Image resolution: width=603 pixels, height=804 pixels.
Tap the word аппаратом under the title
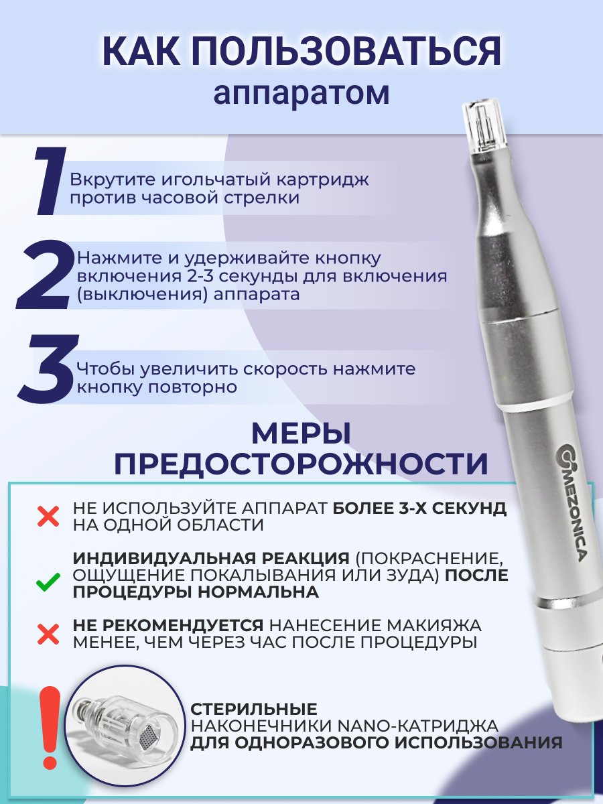301,93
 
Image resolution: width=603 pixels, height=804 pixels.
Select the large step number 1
50,181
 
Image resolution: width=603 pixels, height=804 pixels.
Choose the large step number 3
48,367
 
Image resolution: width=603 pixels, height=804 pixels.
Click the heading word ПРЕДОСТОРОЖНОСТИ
301,464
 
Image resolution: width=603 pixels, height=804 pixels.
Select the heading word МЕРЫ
301,434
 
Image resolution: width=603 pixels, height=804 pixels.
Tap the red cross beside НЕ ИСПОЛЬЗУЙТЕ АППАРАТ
48,517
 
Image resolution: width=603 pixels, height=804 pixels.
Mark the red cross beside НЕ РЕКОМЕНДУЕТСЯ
48,634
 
